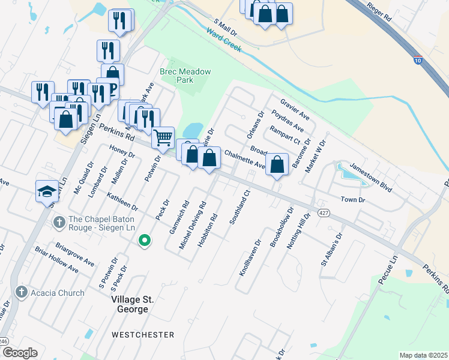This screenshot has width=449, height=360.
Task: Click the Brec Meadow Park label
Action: click(185, 76)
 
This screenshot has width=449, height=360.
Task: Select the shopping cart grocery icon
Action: click(163, 137)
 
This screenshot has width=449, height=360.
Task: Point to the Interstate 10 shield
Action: click(417, 60)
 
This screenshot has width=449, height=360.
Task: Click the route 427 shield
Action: click(324, 213)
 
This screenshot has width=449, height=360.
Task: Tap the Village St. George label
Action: click(129, 304)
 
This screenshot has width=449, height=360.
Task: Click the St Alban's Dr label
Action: click(334, 249)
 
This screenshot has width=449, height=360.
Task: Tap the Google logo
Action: click(20, 353)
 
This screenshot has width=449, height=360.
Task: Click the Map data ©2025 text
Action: click(423, 355)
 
